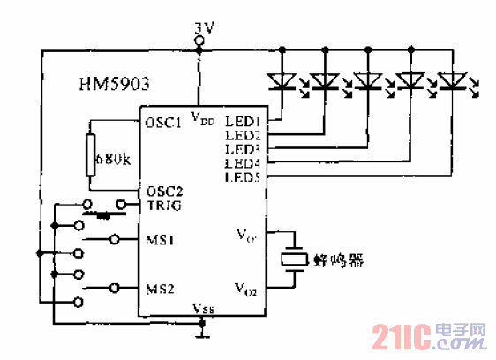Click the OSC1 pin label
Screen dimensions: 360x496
pos(163,123)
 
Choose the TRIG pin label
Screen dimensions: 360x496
pos(163,205)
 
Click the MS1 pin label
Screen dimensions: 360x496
pos(159,239)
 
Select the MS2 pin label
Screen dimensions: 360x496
pos(159,287)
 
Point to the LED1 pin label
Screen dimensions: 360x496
pos(241,122)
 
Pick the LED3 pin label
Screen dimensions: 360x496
pos(241,149)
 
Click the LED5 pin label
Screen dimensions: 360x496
pos(241,177)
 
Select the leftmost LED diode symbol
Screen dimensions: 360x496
pos(281,82)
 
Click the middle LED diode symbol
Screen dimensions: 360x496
pos(366,82)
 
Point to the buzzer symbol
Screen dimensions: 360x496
pos(293,259)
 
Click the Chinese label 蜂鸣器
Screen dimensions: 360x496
pos(338,260)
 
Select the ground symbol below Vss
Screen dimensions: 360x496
pos(202,333)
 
